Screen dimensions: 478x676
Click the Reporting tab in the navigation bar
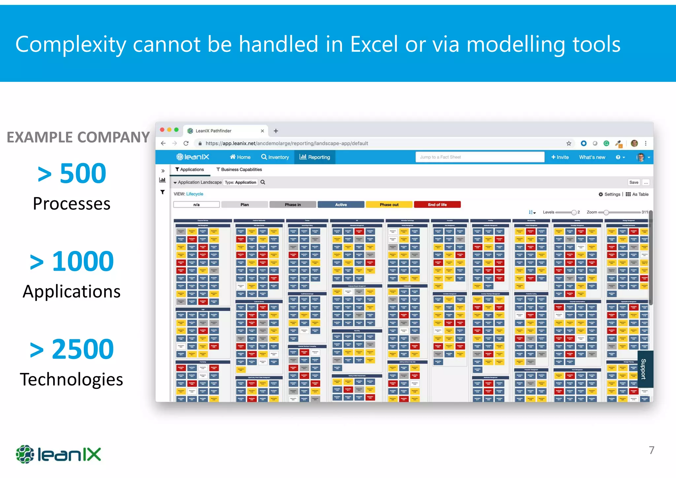pos(315,157)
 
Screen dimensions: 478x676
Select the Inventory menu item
pos(275,157)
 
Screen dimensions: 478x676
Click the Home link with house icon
pos(240,157)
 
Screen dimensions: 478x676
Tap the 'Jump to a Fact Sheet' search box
pos(480,157)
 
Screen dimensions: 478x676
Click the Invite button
pos(560,157)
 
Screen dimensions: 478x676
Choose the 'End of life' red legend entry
pos(437,205)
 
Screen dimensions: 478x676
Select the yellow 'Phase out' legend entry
pos(389,205)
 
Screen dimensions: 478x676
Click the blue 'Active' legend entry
pos(341,205)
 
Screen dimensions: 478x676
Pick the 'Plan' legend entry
pos(245,205)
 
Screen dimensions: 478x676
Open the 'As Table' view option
pos(637,194)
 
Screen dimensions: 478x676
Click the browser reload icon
pos(186,143)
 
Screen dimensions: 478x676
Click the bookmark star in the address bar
pos(569,143)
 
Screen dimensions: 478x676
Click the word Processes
pos(72,204)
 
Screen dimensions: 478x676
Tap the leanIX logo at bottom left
pos(58,454)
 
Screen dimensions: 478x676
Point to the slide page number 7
pos(651,450)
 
